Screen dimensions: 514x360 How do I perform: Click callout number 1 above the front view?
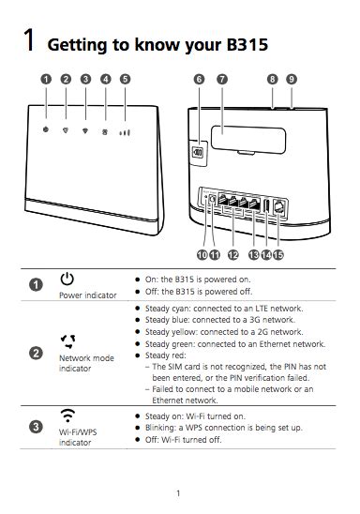tap(45, 80)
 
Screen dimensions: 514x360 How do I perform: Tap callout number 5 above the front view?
tap(126, 80)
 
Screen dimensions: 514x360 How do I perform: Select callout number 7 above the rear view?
tap(221, 80)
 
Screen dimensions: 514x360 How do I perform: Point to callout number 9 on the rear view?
tap(292, 80)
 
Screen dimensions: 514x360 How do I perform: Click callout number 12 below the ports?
tap(232, 254)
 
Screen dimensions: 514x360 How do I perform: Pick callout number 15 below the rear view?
tap(278, 254)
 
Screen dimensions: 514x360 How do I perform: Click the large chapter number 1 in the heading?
tap(30, 42)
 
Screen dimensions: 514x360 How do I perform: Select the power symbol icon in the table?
tap(67, 279)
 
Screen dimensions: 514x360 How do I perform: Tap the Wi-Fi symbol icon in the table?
tap(67, 414)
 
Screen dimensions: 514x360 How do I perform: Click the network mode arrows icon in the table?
tap(67, 340)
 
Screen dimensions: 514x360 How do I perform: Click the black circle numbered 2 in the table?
tap(36, 353)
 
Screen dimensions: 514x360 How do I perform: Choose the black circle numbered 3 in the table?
tap(36, 427)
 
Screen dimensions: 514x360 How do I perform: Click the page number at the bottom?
tap(178, 492)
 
